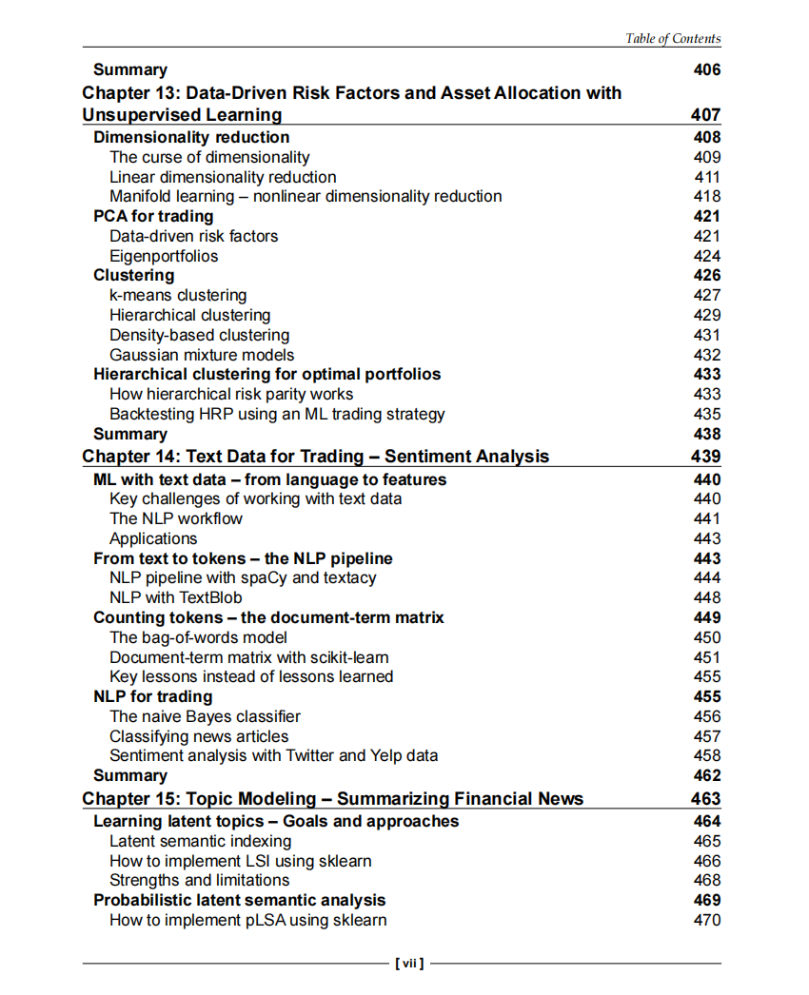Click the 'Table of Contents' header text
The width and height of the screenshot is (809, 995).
pos(672,39)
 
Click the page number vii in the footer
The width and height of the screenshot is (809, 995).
pos(408,964)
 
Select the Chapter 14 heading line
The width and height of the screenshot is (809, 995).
pos(315,457)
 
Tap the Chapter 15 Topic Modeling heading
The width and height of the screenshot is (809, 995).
pos(332,799)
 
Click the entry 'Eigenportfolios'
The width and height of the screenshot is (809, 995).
pos(164,256)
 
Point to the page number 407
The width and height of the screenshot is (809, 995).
pos(706,115)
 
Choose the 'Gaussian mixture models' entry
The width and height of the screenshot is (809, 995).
pos(202,355)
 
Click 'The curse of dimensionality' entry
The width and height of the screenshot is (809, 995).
pos(209,157)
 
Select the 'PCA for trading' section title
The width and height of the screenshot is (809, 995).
pos(153,217)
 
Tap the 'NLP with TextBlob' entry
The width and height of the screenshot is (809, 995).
pos(176,597)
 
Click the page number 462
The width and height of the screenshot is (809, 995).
pos(707,775)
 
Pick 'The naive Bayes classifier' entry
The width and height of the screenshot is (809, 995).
pos(205,716)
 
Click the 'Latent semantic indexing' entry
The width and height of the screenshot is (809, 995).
pos(201,841)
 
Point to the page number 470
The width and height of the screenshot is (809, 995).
pos(707,920)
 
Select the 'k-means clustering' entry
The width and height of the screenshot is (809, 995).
pos(178,296)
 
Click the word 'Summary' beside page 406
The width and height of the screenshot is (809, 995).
pos(130,69)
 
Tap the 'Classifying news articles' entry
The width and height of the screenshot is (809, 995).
pos(199,736)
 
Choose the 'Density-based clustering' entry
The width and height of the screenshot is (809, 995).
pos(199,335)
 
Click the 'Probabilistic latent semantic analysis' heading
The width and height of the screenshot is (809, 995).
pos(240,900)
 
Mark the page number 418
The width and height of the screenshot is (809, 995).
pos(707,197)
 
